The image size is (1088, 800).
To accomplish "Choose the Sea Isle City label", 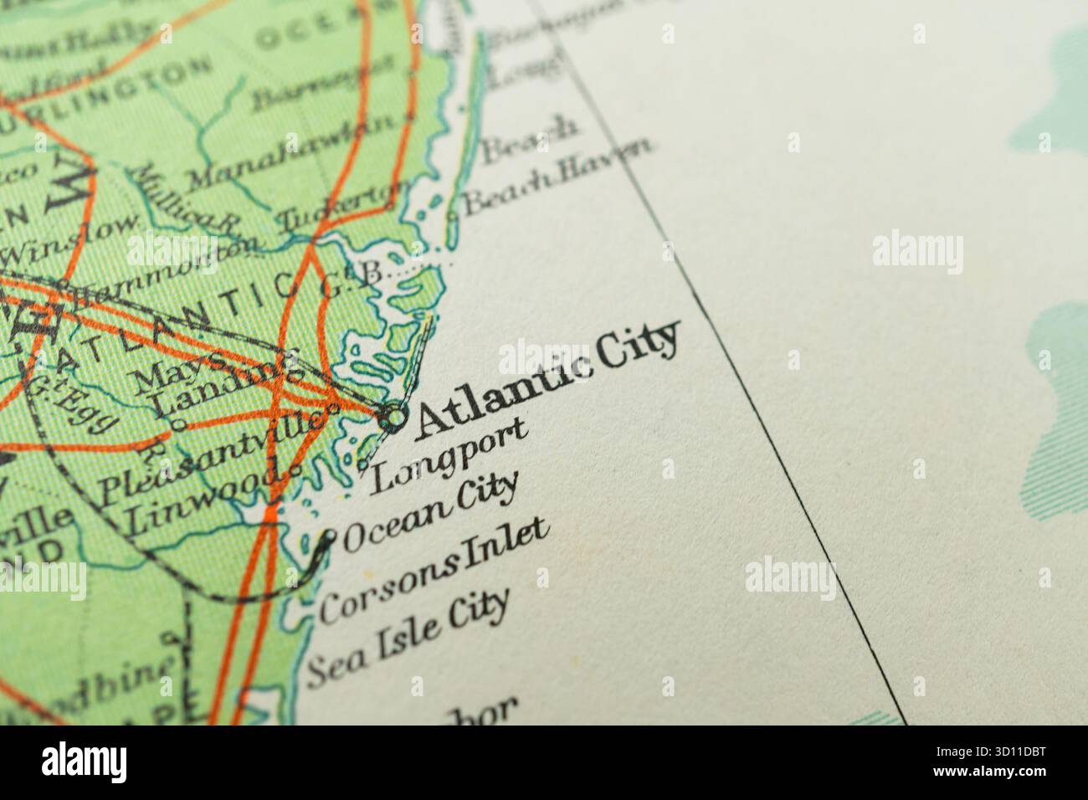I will click(408, 638).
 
